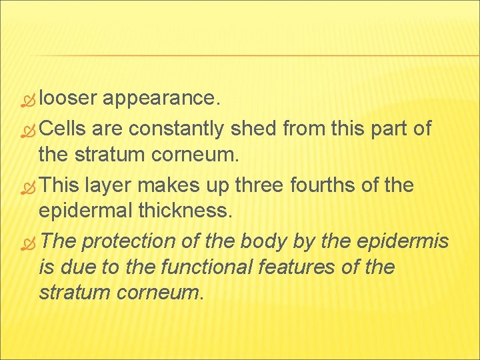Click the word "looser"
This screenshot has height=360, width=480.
click(x=69, y=99)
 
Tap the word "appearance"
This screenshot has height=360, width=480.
click(x=159, y=99)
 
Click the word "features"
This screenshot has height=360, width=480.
click(x=293, y=268)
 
